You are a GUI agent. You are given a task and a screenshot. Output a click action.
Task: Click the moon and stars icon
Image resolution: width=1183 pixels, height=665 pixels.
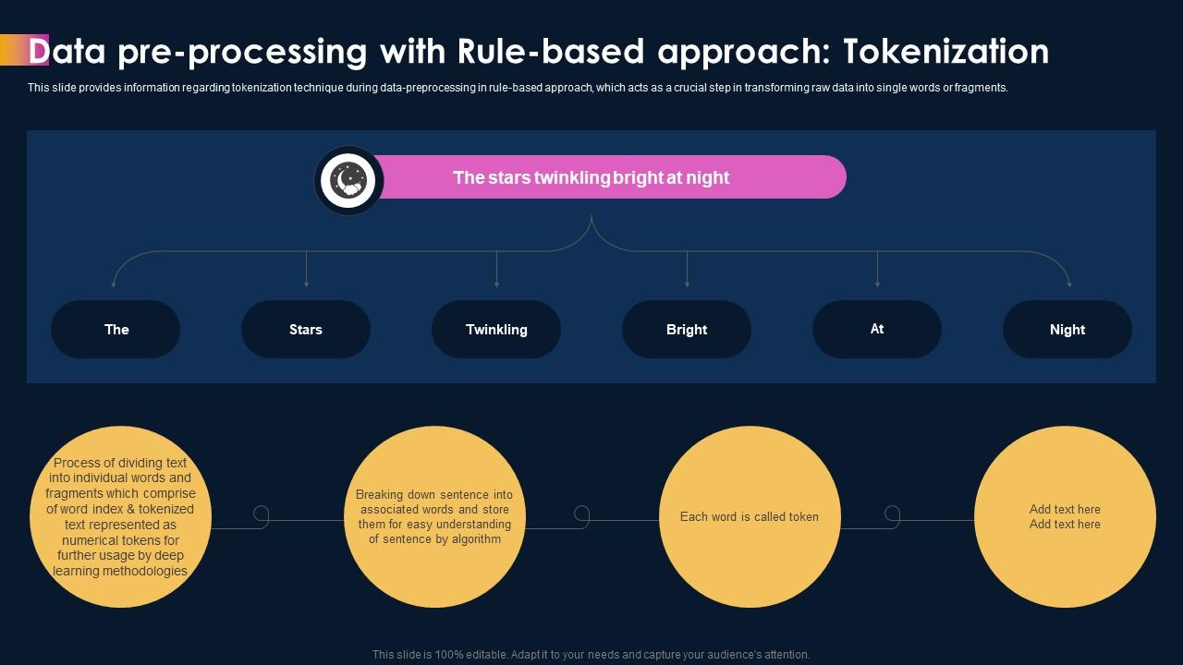tap(348, 181)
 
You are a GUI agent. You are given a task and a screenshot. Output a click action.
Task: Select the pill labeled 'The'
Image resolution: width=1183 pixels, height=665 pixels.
tap(116, 329)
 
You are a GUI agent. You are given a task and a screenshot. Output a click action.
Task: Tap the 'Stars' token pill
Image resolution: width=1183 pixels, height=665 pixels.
tap(306, 329)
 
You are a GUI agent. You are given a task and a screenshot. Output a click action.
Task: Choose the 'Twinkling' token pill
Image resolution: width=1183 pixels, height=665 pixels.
tap(496, 329)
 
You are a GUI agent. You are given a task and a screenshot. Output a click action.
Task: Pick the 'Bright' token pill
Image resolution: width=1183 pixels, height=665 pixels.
tap(687, 329)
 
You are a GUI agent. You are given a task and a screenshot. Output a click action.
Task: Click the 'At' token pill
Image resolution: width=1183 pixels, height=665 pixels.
tap(877, 329)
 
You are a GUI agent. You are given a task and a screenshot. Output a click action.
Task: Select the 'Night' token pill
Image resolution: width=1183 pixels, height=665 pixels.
tap(1067, 329)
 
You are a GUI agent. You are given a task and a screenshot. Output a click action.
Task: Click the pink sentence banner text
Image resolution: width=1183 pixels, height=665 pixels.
tap(591, 177)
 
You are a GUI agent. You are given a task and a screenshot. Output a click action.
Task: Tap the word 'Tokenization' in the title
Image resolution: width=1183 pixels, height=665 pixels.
tap(947, 52)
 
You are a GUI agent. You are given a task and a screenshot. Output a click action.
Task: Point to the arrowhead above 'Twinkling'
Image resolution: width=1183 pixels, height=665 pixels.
tap(496, 284)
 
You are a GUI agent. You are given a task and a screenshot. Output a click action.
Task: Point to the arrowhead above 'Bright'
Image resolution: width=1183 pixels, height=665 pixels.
tap(687, 284)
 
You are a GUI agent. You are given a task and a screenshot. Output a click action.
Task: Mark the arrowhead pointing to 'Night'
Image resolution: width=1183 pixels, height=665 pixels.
tap(1069, 284)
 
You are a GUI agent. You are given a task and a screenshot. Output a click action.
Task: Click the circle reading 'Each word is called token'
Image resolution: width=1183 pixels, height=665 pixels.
tap(750, 517)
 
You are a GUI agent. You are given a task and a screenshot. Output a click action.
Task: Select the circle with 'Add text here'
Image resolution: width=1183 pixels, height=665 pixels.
tap(1065, 517)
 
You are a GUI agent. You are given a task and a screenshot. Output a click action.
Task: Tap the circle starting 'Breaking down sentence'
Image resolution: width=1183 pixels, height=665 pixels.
tap(434, 517)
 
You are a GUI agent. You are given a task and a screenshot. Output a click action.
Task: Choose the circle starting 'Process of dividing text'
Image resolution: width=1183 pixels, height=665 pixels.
tap(120, 517)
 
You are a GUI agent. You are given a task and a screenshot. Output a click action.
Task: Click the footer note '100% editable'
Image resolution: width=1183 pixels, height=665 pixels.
tap(591, 654)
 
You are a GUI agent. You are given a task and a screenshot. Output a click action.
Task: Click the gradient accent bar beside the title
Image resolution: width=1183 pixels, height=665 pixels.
tap(24, 50)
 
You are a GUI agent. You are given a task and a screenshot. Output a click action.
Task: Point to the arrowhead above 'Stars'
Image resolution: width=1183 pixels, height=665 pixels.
tap(306, 284)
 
